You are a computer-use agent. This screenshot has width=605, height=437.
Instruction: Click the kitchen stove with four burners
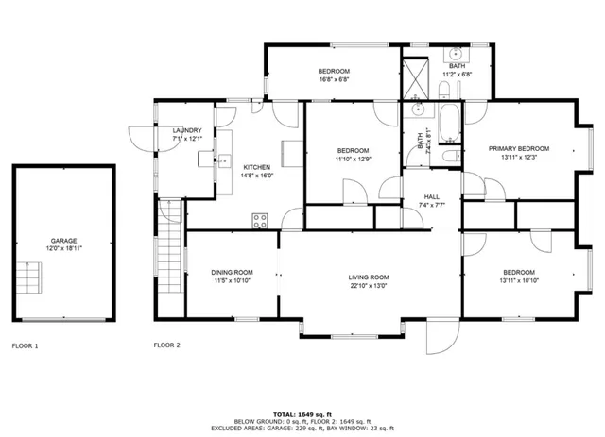point(260,221)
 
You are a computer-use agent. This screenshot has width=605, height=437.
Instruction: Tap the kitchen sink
point(224,160)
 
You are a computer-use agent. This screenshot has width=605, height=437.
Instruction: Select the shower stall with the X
point(414,80)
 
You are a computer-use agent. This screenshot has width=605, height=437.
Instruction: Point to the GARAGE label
point(64,241)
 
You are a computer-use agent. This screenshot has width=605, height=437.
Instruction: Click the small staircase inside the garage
point(31,279)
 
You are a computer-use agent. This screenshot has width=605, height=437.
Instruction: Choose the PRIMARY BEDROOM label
point(518,148)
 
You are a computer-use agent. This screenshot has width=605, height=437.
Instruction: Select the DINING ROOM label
point(231,273)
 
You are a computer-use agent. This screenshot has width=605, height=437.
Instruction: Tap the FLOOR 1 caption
point(25,345)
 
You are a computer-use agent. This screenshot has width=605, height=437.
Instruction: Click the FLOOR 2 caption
point(166,345)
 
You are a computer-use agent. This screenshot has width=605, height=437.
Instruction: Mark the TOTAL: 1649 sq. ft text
point(302,414)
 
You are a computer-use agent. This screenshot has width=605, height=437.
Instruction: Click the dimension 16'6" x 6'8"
point(334,81)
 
